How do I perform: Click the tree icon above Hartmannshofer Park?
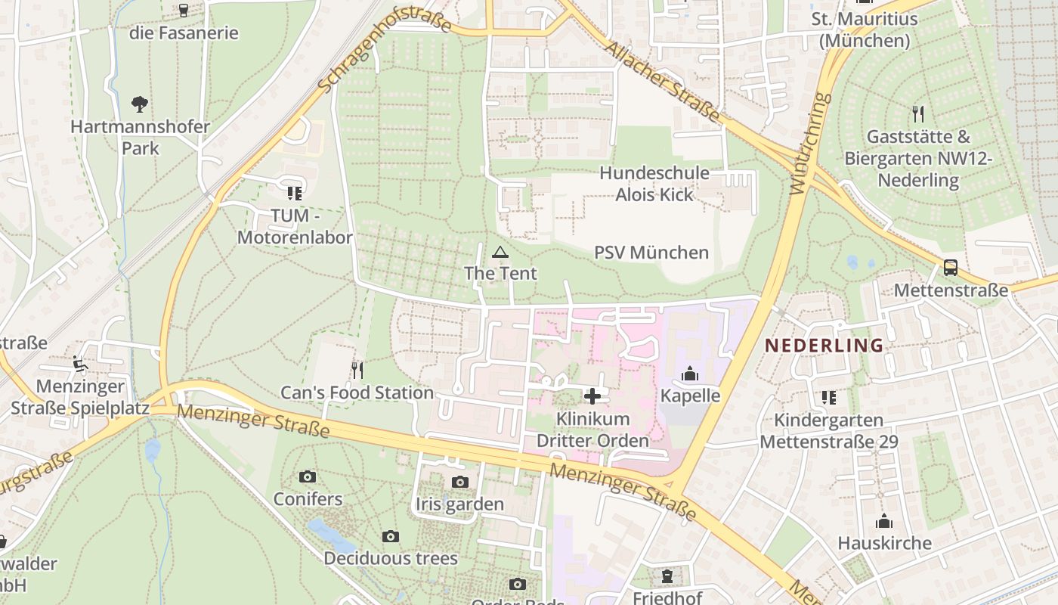[139, 104]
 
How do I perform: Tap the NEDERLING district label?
[824, 346]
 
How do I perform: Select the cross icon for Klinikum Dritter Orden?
[592, 396]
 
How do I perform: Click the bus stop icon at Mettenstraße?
[950, 268]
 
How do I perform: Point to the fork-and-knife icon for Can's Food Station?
[357, 370]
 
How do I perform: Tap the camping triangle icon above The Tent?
[500, 252]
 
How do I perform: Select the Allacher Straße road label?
[662, 80]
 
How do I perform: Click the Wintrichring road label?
[809, 144]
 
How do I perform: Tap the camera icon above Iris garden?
[459, 482]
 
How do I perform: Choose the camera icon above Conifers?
[307, 476]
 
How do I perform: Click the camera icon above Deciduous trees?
[390, 536]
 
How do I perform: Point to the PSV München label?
[651, 253]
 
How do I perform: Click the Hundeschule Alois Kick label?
[654, 184]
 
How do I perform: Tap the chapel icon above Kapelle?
[689, 374]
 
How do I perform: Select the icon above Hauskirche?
[883, 521]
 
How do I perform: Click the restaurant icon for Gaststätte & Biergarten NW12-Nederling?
[918, 114]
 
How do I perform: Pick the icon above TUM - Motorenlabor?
[294, 193]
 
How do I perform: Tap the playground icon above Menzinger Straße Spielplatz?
[79, 364]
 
